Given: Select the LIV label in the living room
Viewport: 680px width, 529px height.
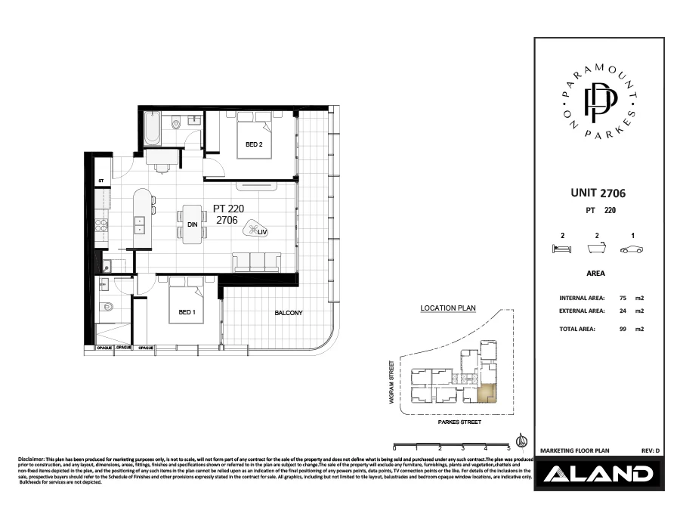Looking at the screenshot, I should pos(262,232).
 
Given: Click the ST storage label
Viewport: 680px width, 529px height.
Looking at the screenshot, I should pos(100,181).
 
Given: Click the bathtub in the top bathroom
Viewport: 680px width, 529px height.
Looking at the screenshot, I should pos(150,130).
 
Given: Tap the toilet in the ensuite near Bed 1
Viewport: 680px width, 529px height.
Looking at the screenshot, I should pos(107,307).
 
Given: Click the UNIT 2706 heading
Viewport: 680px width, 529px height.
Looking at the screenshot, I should pos(597,194).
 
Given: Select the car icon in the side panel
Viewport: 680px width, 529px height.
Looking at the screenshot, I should pos(630,249).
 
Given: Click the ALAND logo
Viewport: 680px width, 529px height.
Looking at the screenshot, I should pos(598,475).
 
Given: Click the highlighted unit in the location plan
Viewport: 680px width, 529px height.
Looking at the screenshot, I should pos(487,393).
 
